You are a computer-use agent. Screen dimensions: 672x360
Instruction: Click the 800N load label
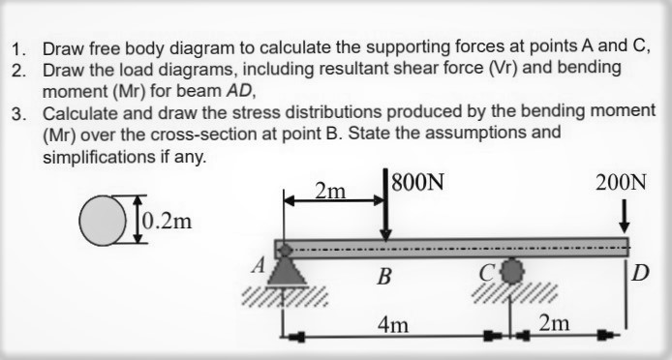[417, 183]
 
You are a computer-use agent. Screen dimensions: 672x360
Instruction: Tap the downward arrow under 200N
[626, 214]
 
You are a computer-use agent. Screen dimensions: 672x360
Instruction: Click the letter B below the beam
[384, 279]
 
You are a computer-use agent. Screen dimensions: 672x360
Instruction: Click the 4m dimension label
[392, 324]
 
